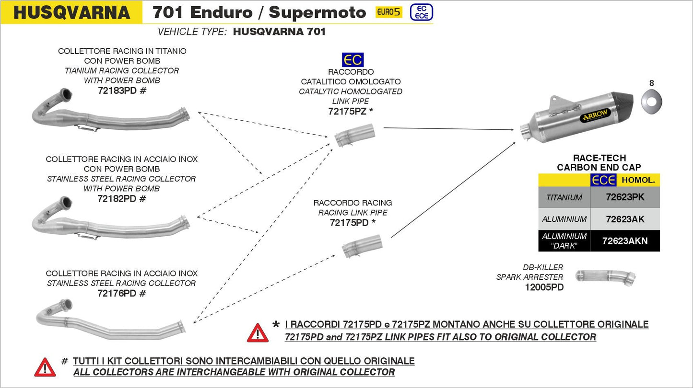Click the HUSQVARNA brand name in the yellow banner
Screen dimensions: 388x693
coord(71,12)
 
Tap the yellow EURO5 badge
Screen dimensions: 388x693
coord(388,12)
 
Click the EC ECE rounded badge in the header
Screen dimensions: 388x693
coord(421,12)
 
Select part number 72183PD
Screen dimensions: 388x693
coord(117,91)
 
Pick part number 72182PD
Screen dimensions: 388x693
coord(117,198)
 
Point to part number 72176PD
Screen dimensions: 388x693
coord(117,293)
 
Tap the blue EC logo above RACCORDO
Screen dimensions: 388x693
coord(352,60)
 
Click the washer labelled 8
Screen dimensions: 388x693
coord(650,101)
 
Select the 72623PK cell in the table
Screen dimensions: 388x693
coord(625,197)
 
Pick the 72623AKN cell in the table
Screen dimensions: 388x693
coord(625,241)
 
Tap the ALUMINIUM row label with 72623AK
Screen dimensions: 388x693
coord(564,219)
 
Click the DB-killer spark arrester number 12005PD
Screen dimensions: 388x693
coord(544,287)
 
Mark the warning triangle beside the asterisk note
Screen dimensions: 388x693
coord(258,332)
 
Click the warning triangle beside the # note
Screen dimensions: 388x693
coord(45,367)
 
